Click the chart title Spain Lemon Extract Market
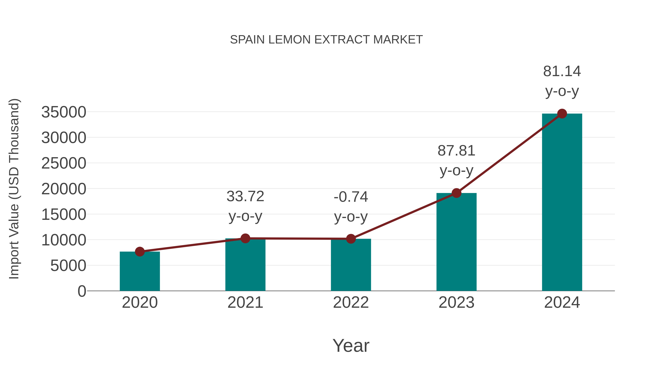(326, 40)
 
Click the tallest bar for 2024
(562, 203)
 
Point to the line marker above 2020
(140, 252)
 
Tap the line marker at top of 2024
(562, 114)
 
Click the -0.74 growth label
(351, 197)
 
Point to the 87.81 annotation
(456, 151)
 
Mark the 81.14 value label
(562, 71)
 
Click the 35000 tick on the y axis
(64, 112)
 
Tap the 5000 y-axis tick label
(68, 266)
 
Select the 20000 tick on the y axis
(64, 189)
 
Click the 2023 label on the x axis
(456, 302)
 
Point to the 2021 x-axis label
(245, 302)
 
